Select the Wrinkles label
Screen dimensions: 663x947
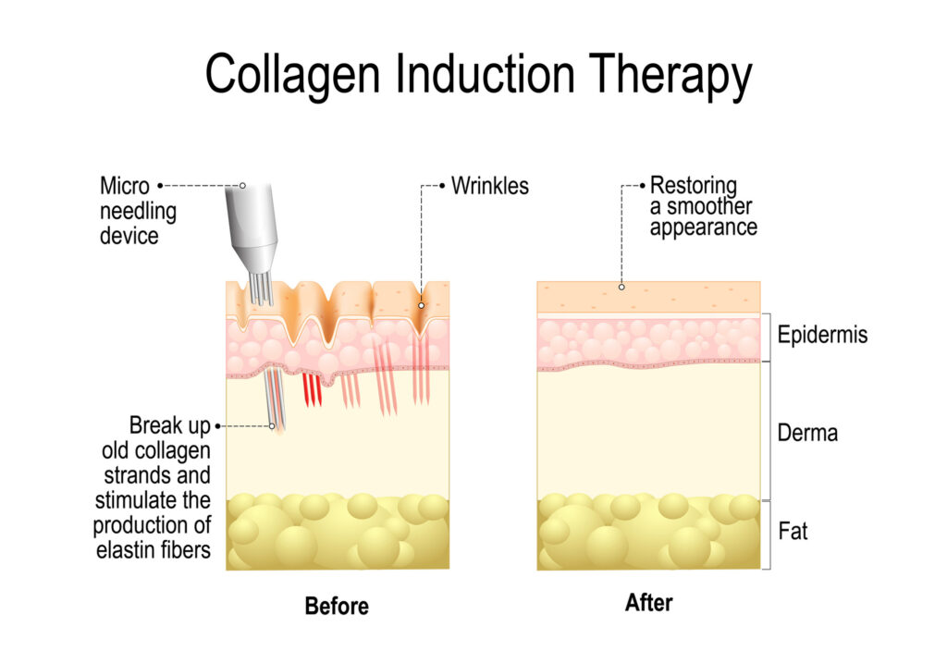(x=489, y=185)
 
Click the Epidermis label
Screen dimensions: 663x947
(x=822, y=334)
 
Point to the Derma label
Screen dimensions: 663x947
(x=807, y=432)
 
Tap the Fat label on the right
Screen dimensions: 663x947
(x=793, y=532)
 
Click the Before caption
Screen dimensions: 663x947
(x=337, y=607)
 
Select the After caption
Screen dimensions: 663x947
(x=648, y=604)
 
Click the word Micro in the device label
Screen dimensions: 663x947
(x=125, y=186)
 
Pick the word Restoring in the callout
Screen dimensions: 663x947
(x=694, y=185)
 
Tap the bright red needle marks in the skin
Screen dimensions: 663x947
(x=313, y=389)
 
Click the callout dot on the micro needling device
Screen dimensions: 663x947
(x=242, y=185)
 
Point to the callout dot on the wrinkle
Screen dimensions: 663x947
(x=421, y=305)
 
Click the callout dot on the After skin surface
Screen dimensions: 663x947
(x=621, y=287)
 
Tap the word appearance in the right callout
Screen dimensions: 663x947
(x=703, y=227)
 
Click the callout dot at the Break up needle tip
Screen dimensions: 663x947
(x=273, y=426)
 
